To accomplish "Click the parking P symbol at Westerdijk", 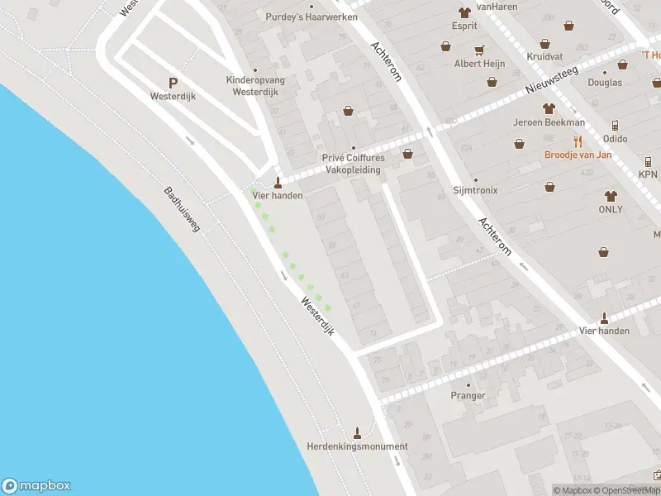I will click(x=173, y=83).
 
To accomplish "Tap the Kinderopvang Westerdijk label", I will click(x=254, y=86).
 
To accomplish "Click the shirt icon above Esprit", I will click(x=464, y=12).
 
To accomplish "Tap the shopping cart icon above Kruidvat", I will click(x=544, y=44).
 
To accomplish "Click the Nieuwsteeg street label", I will click(x=555, y=79).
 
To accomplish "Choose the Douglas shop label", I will click(x=604, y=83).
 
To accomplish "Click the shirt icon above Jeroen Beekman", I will click(x=548, y=108).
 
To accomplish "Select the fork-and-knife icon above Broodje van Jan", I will click(x=578, y=141).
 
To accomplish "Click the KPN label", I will click(x=648, y=175).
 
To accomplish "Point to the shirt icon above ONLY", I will click(x=611, y=196).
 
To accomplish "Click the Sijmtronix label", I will click(x=475, y=190).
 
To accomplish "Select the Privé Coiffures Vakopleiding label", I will click(x=353, y=164).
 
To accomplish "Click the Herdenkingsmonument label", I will click(x=357, y=446).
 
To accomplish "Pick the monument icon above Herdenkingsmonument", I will click(x=357, y=432).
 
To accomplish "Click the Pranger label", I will click(x=468, y=396).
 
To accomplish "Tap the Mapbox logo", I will click(x=37, y=486).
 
